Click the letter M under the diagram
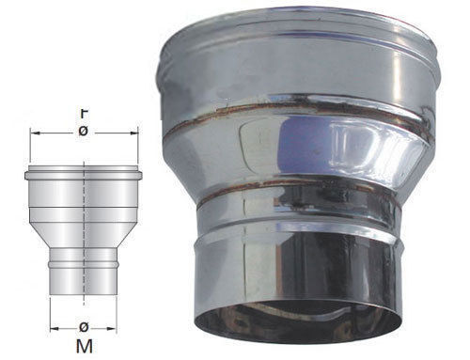[x=85, y=346]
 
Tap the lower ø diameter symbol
[x=84, y=327]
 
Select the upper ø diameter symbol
[x=83, y=132]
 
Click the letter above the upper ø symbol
[x=84, y=114]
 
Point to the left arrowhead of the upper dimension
[x=36, y=133]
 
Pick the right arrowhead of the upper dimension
[x=133, y=133]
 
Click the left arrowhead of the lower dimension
[x=55, y=329]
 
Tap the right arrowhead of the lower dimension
[x=112, y=329]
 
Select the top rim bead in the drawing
[x=84, y=176]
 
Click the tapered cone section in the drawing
[x=84, y=235]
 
